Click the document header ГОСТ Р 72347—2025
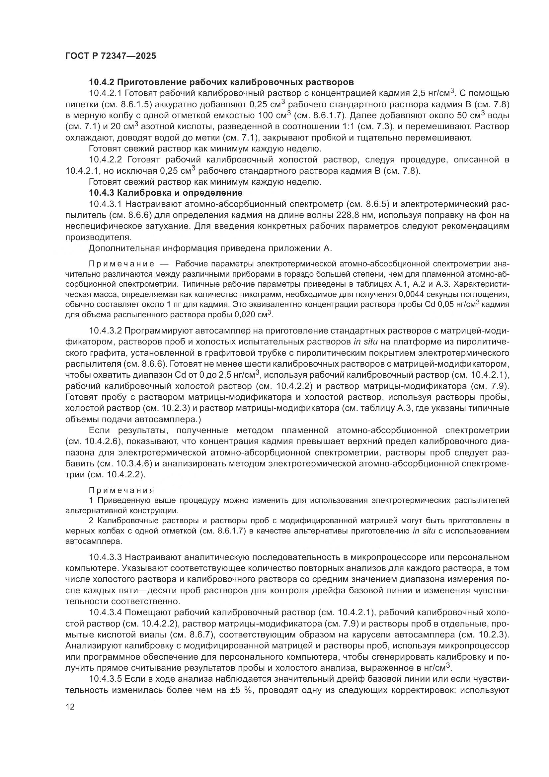111,56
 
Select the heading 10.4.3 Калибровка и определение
166,193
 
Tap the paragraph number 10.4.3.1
107,204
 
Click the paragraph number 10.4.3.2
107,331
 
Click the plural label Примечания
122,490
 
